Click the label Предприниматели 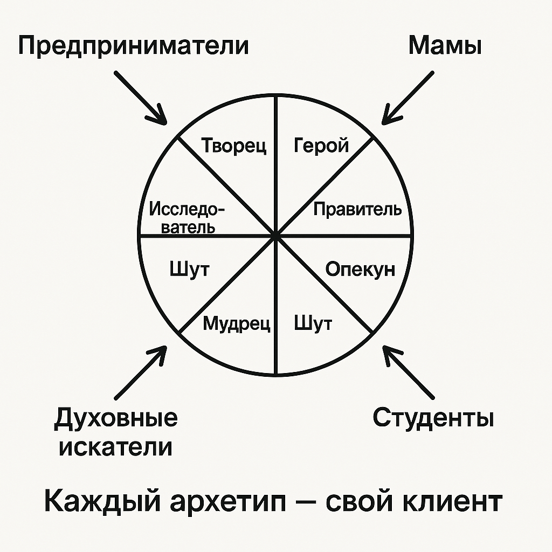(134, 46)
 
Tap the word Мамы (445, 46)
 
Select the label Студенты (433, 418)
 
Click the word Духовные (115, 419)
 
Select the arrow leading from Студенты (409, 372)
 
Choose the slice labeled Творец (234, 146)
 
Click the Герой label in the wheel (321, 145)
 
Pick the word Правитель (357, 209)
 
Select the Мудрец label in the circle (236, 324)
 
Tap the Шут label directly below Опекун (313, 324)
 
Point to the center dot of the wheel (275, 236)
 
